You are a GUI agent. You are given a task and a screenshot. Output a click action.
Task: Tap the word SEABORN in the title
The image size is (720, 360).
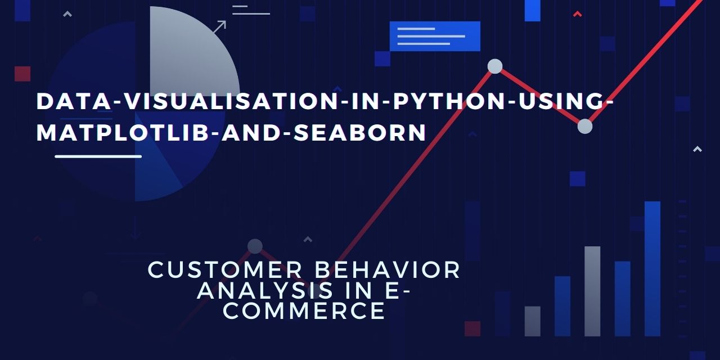tap(360, 132)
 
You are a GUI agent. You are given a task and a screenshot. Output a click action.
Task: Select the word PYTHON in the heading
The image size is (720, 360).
tap(449, 101)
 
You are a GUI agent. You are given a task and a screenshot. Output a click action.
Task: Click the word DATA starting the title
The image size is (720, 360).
tap(74, 101)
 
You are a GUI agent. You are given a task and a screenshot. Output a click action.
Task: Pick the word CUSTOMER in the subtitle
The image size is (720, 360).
tap(224, 269)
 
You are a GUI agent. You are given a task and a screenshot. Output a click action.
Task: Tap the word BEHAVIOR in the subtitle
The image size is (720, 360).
tap(388, 269)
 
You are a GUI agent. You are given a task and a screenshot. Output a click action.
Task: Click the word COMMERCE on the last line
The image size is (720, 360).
tap(304, 311)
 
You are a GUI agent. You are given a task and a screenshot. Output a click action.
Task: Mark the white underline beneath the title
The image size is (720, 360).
tap(98, 156)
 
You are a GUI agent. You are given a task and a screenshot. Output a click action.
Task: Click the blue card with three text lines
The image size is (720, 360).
tap(435, 37)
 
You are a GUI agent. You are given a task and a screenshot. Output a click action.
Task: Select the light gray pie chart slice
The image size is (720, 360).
tap(190, 55)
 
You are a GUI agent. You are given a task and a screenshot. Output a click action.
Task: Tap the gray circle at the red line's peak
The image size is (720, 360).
tap(495, 66)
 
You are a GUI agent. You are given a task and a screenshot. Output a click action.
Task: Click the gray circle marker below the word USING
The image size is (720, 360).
tap(585, 127)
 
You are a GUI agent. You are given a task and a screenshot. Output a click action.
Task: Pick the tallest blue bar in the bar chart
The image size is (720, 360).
tap(652, 269)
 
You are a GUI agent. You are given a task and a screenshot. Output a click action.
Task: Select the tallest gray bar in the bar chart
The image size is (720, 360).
tap(592, 291)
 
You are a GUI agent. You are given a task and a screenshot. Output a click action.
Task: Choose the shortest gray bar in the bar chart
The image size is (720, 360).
tap(533, 321)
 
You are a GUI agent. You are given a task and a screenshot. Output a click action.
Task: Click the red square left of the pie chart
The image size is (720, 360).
tap(22, 74)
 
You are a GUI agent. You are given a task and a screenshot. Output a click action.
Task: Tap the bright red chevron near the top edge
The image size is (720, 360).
tap(578, 14)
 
